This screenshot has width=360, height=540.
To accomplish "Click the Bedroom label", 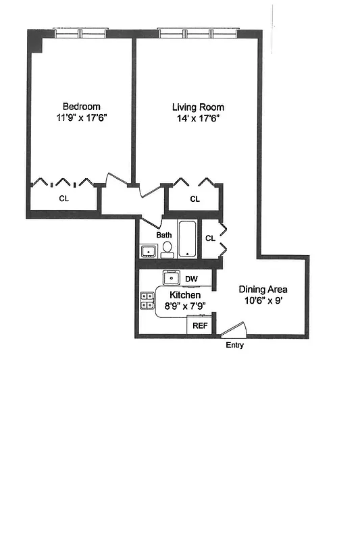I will coord(82,106).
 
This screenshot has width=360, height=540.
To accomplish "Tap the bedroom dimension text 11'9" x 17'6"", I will coord(82,117).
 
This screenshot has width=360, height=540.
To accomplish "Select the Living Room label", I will coord(198,107).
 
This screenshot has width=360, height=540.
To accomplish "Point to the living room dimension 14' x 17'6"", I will coord(197,117).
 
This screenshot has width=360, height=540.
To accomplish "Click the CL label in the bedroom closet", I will coord(63,198).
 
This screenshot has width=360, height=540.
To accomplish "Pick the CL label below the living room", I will coord(195,198).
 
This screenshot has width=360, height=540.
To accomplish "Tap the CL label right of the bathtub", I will coord(210,238).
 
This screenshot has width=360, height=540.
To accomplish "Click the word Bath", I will coord(164,235).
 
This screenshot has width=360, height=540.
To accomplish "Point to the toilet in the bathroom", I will coord(166,250).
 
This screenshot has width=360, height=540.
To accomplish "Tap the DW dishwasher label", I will coord(191,279).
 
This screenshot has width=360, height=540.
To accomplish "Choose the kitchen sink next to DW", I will coord(171,278).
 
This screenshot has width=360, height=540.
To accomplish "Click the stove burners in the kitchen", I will coord(147,300).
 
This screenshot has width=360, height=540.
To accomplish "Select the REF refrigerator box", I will coord(200,325).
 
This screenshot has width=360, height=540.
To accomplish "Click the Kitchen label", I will coord(184,296).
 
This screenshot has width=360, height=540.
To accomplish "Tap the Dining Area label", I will coord(263,289).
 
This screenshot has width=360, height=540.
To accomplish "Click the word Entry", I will coord(234,345).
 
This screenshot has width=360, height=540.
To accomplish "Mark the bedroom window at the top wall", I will coord(80,33).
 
